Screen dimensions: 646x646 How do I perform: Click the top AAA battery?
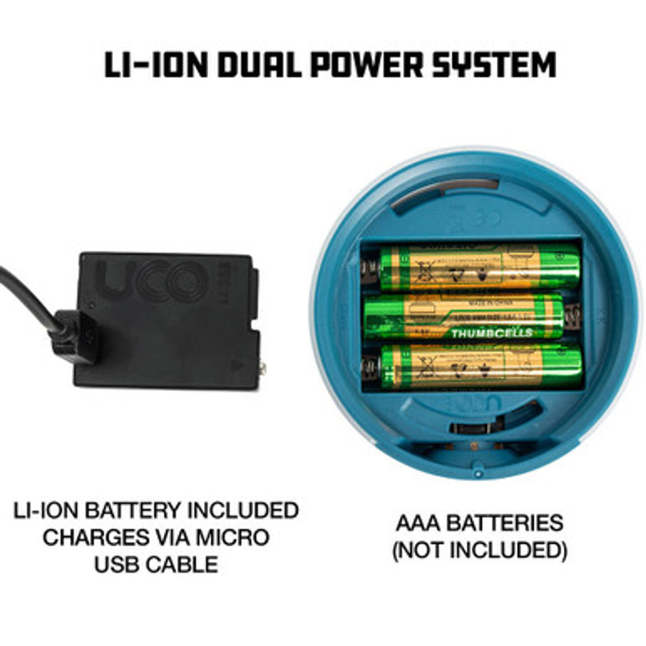click(479, 267)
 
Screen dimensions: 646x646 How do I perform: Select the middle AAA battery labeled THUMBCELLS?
click(463, 318)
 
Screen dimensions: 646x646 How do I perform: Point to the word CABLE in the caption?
click(186, 564)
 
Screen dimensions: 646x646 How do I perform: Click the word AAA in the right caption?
click(418, 523)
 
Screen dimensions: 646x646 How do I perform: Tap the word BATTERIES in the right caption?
click(504, 523)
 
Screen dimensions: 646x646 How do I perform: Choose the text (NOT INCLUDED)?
click(479, 550)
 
